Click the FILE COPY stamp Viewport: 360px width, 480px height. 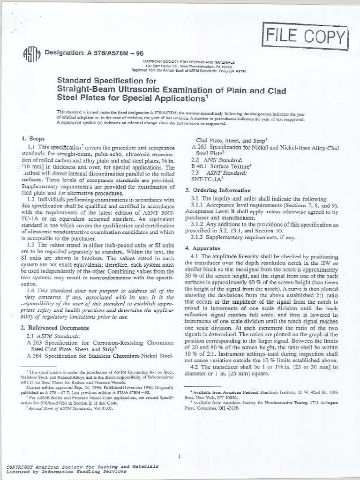[x=307, y=37]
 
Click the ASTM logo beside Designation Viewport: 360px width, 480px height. [x=30, y=55]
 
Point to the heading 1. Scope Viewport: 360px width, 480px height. [x=34, y=139]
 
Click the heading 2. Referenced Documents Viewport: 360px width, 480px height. [x=55, y=328]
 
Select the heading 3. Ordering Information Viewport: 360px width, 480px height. [x=217, y=190]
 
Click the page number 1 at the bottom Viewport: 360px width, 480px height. [x=180, y=443]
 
